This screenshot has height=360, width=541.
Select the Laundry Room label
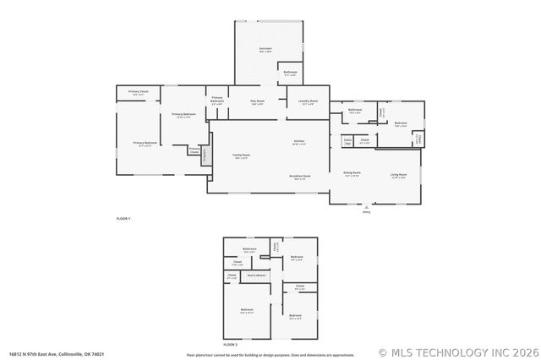pos(308,102)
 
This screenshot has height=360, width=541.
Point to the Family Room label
pos(241,156)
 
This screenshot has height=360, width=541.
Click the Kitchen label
pos(299,142)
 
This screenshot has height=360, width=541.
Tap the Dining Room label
pos(352,173)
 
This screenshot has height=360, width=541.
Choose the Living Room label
pos(398,176)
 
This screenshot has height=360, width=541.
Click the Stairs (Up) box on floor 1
pos(347,141)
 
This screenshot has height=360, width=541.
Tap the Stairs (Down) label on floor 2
pos(256,275)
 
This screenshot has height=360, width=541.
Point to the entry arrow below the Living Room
pos(366,208)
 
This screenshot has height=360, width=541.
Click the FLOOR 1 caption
pos(123,219)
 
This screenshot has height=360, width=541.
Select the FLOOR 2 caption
pos(230,345)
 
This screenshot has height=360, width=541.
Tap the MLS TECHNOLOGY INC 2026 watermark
pos(460,352)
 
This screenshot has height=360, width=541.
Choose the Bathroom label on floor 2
pos(249,249)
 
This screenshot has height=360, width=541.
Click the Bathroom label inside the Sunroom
pos(290,74)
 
